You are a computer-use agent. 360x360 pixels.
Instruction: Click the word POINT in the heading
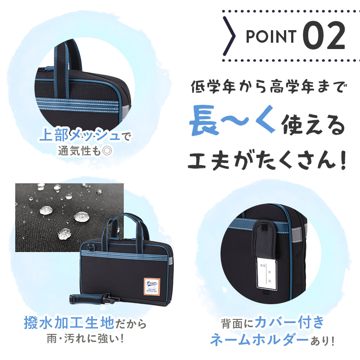coord(271,36)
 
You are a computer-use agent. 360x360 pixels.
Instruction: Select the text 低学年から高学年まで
coord(265,85)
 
